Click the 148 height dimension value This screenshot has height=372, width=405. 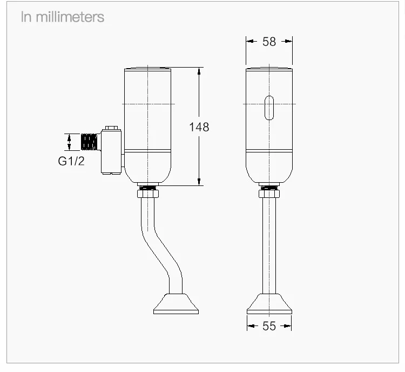pos(199,127)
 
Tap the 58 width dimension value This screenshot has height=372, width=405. pos(269,42)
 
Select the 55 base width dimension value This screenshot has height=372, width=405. pos(269,326)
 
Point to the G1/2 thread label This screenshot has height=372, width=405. pos(71,161)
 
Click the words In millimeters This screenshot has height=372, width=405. pos(63,17)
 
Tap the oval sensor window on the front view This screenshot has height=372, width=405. pos(269,108)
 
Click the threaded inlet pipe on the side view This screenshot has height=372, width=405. pos(89,142)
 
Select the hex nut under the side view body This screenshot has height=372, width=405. pos(148,194)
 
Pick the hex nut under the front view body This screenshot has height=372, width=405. pos(269,194)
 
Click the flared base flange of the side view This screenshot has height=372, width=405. pos(176,304)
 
